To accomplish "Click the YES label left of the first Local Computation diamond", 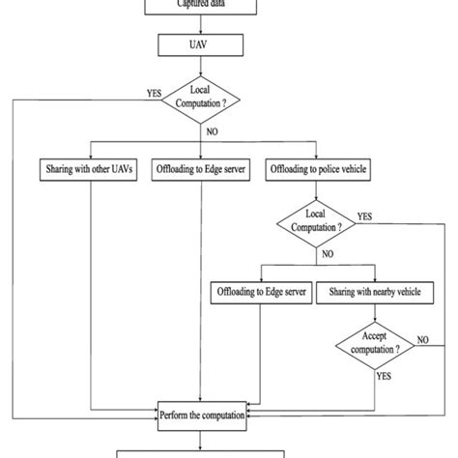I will pyautogui.click(x=153, y=93).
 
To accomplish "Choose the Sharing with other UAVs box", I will pyautogui.click(x=90, y=168).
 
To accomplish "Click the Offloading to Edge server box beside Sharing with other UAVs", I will pyautogui.click(x=202, y=168).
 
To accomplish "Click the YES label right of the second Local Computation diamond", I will pyautogui.click(x=365, y=216).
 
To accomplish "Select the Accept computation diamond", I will pyautogui.click(x=373, y=344).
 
